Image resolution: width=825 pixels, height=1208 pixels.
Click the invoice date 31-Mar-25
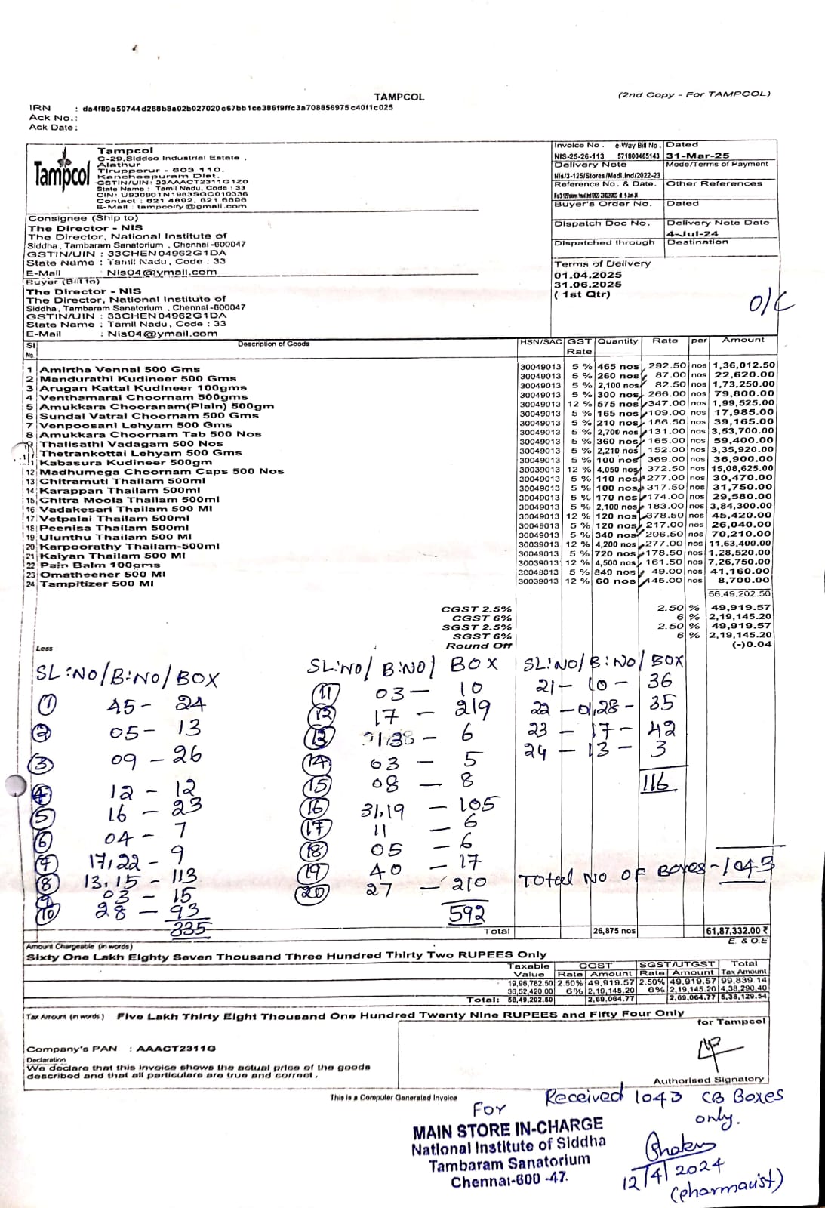(x=687, y=155)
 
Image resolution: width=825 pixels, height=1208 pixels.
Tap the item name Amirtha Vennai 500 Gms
(x=119, y=369)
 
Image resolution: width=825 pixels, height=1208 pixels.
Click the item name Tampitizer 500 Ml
(x=96, y=584)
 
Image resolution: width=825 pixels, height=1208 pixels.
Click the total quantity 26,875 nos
(x=615, y=931)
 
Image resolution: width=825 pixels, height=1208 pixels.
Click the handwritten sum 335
(x=190, y=928)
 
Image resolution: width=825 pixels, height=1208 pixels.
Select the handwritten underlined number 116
(x=655, y=783)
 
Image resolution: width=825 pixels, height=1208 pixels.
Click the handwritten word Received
(x=584, y=1096)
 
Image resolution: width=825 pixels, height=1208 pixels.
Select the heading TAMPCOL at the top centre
(x=399, y=97)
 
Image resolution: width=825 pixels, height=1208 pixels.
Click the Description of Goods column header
(x=273, y=344)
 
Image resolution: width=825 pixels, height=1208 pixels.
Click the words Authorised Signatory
(x=708, y=1080)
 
